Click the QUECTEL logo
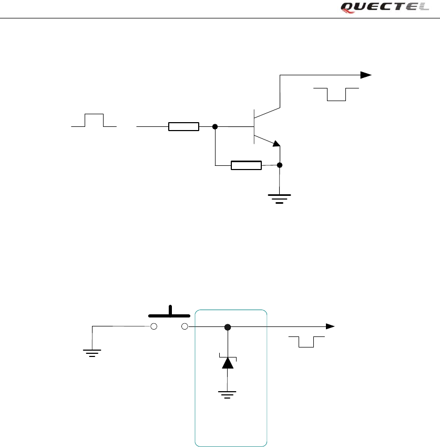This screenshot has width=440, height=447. [385, 7]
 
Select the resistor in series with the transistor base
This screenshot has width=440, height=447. [183, 126]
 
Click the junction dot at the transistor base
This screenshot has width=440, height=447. [215, 126]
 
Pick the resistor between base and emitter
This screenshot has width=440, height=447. [246, 165]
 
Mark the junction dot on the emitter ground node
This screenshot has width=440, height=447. [280, 165]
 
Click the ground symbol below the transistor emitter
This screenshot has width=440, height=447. [280, 198]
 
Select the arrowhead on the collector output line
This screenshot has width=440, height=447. [365, 75]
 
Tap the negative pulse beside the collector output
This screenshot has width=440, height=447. [336, 94]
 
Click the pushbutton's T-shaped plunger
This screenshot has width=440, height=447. [170, 313]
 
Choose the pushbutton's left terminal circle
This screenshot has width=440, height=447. [155, 326]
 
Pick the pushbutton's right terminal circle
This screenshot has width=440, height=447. [185, 326]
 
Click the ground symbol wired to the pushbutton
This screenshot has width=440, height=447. [93, 353]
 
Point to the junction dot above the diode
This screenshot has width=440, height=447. [228, 327]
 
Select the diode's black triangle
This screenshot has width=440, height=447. [228, 362]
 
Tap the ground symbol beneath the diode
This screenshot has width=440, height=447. [228, 394]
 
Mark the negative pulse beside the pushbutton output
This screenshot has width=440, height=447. [306, 342]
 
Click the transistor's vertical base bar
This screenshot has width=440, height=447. [254, 126]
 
